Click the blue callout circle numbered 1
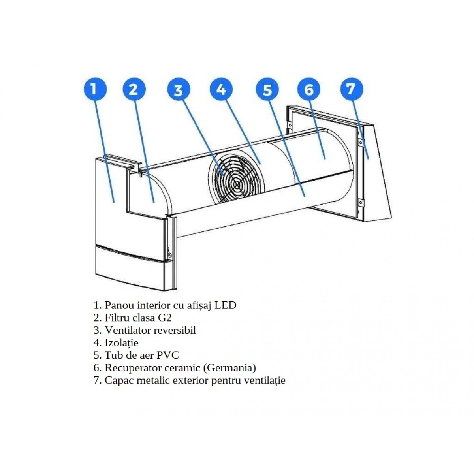tap(95, 90)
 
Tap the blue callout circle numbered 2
tap(134, 90)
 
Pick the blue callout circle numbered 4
tap(222, 89)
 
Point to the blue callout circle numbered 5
tap(267, 90)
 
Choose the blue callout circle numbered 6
tap(309, 90)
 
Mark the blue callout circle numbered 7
tap(351, 90)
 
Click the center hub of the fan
tap(237, 184)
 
